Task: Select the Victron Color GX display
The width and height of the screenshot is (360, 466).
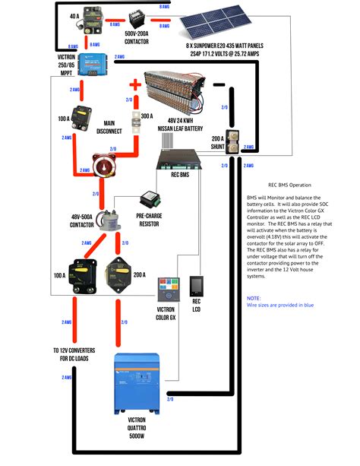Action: (169, 290)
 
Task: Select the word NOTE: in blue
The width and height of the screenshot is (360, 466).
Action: (254, 298)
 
